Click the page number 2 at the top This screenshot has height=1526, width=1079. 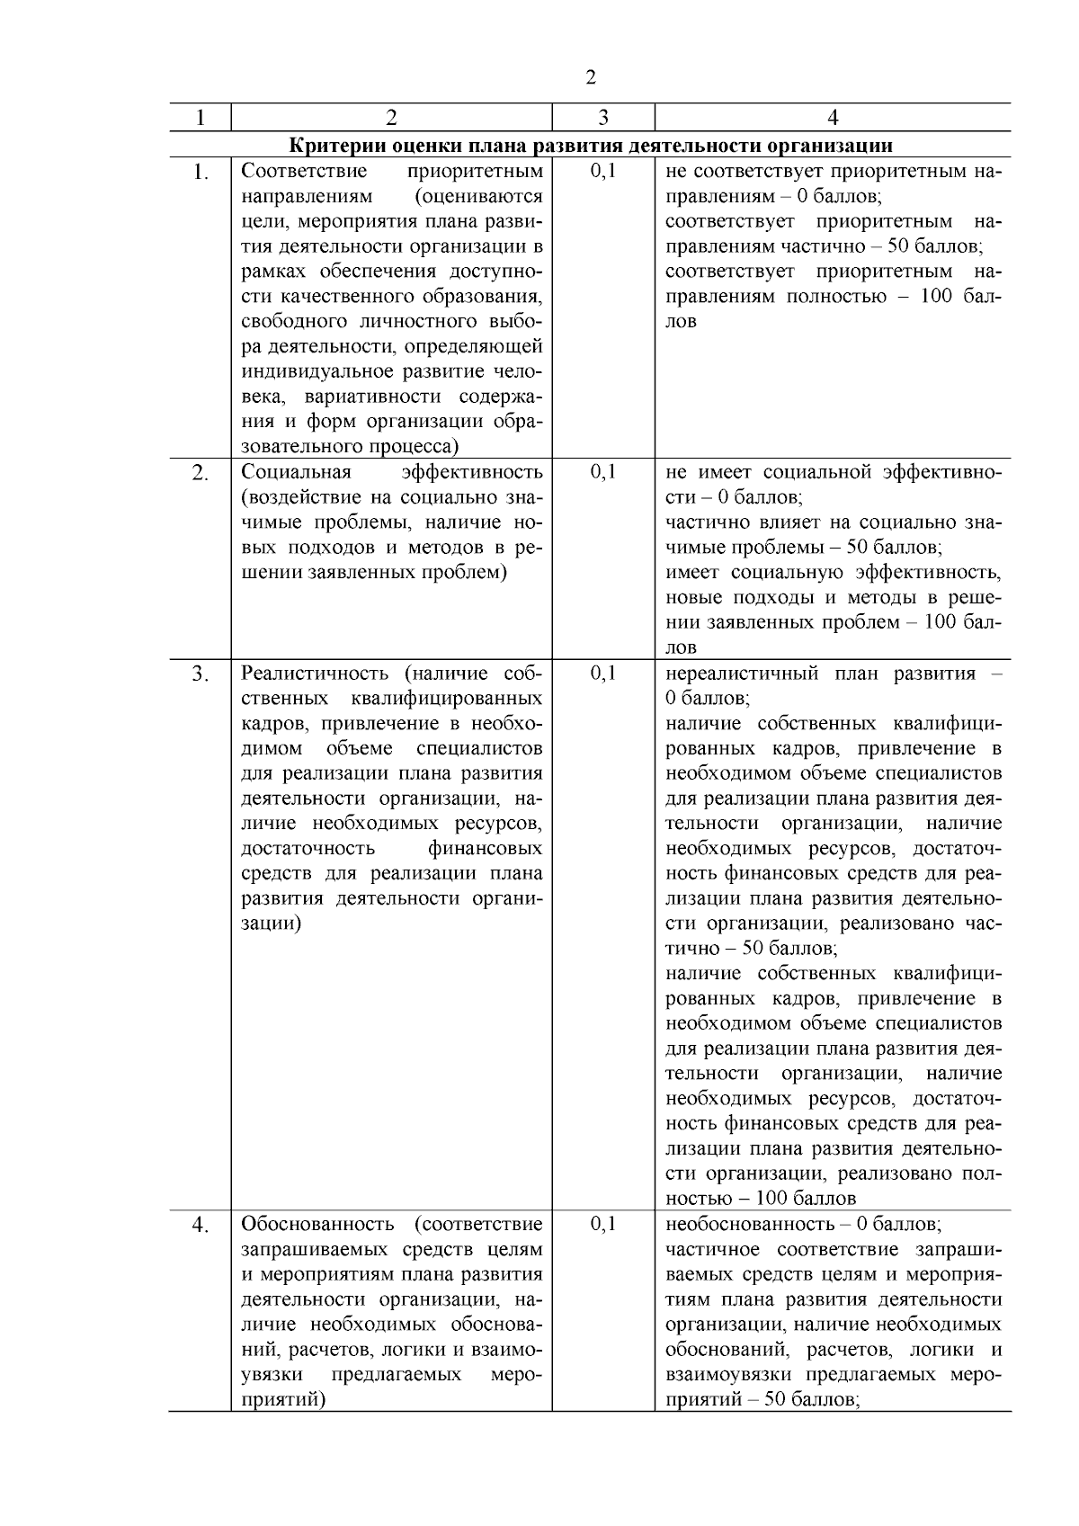[x=590, y=78]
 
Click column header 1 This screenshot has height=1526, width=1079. [x=200, y=118]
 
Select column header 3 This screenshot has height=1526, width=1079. [x=602, y=118]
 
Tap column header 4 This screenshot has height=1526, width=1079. [x=833, y=118]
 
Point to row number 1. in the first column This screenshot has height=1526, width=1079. [x=200, y=172]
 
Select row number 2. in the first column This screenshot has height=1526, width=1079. [x=200, y=473]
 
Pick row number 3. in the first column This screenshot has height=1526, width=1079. [x=200, y=674]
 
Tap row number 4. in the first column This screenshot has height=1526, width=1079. [x=200, y=1225]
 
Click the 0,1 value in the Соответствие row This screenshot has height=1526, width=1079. [x=602, y=171]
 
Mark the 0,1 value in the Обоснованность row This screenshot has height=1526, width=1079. [x=602, y=1224]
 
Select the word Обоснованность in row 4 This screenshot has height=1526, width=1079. [x=317, y=1224]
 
